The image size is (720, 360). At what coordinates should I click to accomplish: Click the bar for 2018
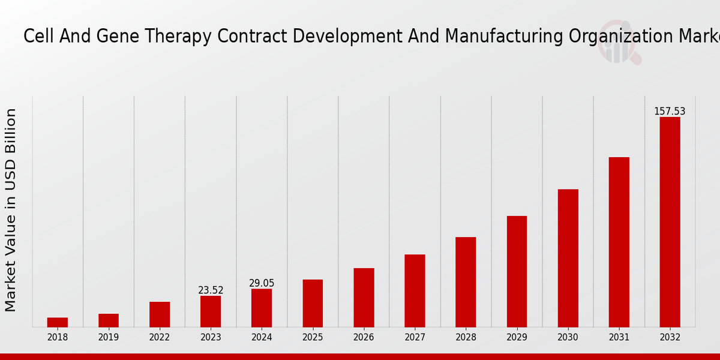58,322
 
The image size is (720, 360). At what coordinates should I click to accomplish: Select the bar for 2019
109,320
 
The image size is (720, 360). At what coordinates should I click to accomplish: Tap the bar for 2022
160,314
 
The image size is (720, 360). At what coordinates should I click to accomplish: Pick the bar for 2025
313,303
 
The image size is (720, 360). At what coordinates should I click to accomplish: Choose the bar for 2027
415,290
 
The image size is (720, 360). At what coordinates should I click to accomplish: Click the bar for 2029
517,271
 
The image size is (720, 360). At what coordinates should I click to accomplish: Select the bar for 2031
619,242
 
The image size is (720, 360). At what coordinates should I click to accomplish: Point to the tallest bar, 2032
670,222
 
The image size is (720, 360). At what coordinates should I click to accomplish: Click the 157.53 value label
670,112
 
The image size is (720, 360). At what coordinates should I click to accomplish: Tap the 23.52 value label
211,290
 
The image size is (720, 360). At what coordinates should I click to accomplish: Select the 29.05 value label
262,283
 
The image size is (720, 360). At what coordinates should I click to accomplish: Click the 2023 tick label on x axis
211,338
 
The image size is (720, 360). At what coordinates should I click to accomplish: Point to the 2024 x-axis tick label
262,338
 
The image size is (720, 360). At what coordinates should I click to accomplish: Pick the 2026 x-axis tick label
364,338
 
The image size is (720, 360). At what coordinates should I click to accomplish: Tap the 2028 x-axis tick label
466,338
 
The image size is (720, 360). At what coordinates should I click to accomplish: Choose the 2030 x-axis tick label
568,338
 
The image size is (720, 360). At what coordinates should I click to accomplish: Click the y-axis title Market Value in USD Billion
11,210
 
